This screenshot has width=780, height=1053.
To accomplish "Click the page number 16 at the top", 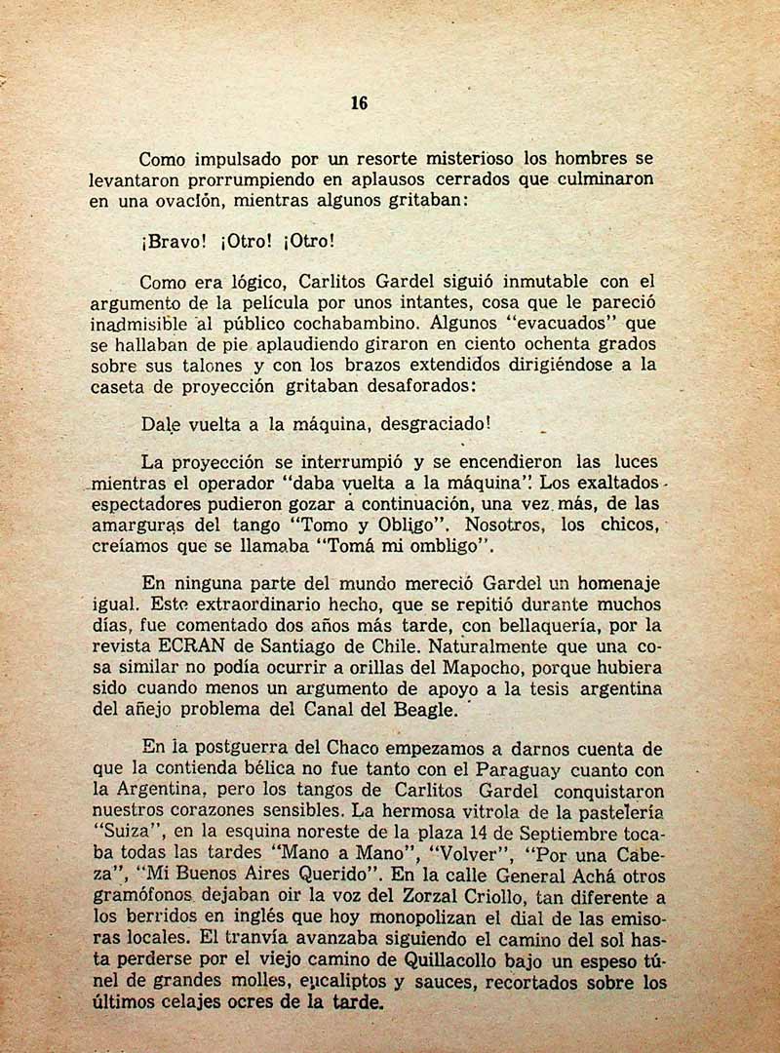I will pos(359,104).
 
